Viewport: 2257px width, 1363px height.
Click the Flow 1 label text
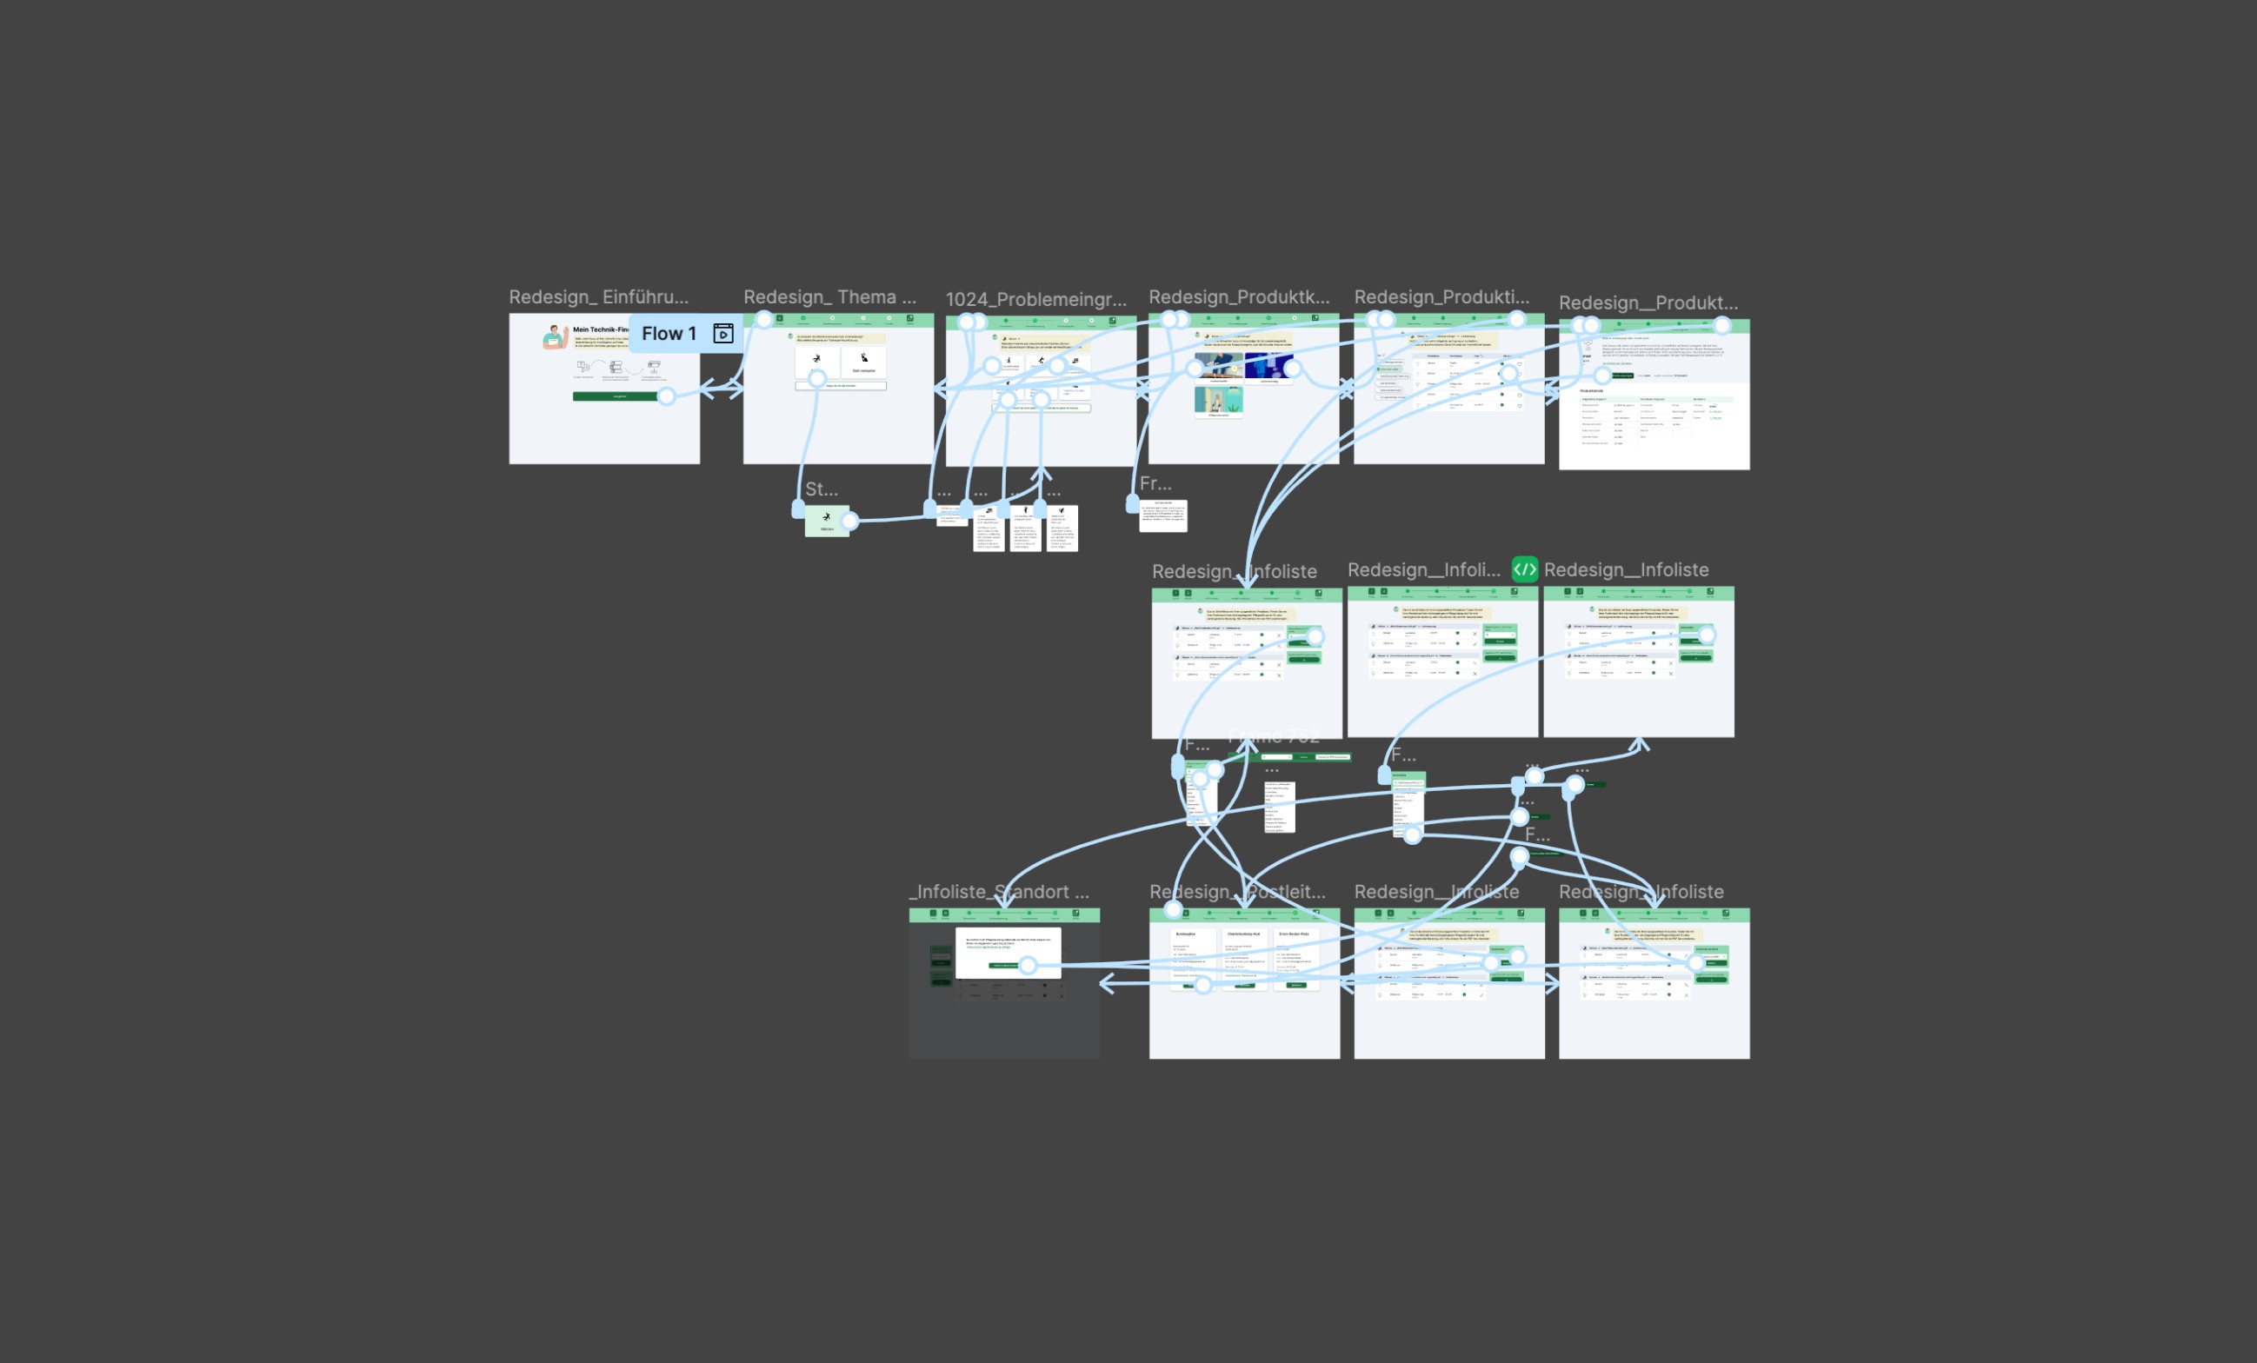(669, 334)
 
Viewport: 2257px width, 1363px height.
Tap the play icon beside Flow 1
(722, 334)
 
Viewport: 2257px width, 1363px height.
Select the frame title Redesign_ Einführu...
(598, 296)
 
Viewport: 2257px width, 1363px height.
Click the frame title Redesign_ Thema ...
(829, 296)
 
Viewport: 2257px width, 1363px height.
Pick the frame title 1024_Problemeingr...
(1035, 300)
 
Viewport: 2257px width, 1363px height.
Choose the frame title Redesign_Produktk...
(1238, 296)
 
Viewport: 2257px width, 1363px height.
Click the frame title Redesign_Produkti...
(1441, 296)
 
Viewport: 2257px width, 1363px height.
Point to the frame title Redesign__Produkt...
(1648, 303)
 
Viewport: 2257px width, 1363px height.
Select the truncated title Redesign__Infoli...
(1423, 569)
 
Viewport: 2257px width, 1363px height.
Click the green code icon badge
(1524, 568)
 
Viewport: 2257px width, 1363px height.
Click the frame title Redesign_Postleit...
(1236, 891)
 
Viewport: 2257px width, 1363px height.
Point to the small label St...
(821, 489)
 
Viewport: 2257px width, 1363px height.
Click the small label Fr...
(1155, 482)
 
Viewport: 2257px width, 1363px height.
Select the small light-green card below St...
(826, 522)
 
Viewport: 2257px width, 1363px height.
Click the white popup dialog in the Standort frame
(1008, 952)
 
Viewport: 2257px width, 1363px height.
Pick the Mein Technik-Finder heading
(600, 329)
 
